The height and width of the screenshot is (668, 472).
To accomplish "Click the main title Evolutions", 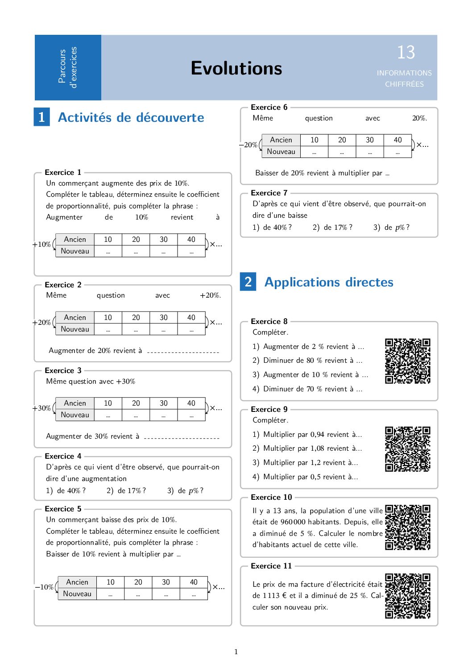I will pos(236,68).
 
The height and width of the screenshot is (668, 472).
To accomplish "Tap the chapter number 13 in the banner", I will pos(406,53).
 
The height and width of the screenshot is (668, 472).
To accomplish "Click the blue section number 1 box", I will pos(41,117).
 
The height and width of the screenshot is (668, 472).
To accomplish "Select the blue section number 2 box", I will pos(248,282).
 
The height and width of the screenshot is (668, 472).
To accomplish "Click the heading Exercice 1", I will pos(63,172).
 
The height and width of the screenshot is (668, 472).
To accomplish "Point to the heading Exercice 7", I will pos(269,193).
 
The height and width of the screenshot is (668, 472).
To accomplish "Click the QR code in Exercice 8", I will pos(407,361).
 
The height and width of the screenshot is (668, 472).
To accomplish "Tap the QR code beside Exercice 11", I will pos(407,596).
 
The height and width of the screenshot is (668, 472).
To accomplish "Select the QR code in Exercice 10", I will pos(407,527).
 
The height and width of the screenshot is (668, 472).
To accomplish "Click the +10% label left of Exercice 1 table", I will pos(41,245).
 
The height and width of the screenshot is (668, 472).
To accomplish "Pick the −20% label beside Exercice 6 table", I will pos(248,145).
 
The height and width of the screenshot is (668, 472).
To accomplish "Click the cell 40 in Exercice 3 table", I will pos(191,403).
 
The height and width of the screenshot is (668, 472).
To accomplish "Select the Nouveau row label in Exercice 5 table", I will pos(77,593).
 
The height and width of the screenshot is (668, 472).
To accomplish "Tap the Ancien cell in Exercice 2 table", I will pos(75,317).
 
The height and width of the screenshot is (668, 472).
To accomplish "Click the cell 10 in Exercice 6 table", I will pos(315,140).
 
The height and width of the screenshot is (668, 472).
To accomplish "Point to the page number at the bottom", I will pos(236,651).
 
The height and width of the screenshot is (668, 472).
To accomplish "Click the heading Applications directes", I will pos(329,282).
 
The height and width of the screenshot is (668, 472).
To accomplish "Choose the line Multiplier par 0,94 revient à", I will pos(312,434).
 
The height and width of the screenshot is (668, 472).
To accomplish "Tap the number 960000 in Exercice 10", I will pos(293,522).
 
